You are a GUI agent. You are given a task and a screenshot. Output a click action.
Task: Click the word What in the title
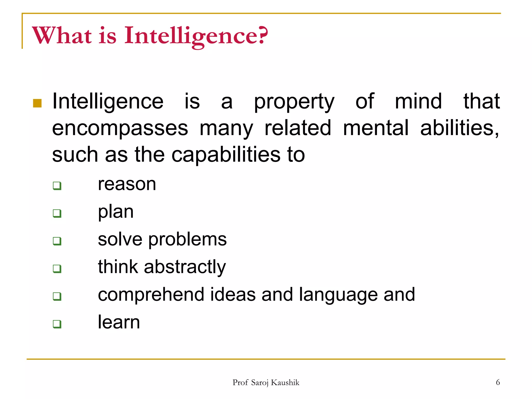[62, 36]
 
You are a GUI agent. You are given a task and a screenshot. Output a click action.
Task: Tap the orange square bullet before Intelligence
[37, 103]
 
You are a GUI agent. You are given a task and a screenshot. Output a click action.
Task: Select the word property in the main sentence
[294, 102]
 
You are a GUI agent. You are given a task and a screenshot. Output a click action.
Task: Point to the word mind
[418, 101]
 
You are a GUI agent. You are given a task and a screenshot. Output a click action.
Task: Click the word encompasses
[120, 128]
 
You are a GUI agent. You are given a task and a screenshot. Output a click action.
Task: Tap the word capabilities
[226, 155]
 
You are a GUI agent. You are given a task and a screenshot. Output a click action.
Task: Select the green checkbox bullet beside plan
[57, 214]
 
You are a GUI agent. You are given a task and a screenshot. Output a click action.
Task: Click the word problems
[187, 240]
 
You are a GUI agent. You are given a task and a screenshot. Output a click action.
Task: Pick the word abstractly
[185, 267]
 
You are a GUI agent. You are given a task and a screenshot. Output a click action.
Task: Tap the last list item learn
[119, 322]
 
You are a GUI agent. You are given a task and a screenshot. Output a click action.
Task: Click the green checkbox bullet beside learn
[57, 324]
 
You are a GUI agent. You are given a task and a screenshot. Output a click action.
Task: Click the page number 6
[498, 382]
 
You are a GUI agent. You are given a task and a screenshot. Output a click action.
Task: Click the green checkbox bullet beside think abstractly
[57, 269]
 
